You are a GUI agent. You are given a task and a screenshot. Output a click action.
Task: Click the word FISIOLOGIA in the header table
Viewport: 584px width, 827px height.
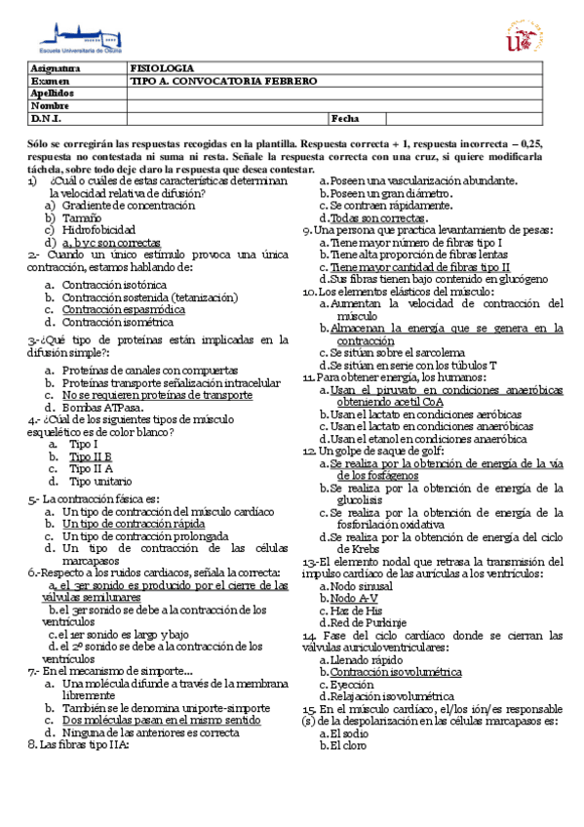coord(161,70)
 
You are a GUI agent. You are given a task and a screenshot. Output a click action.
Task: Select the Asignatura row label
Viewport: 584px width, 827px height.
coord(55,70)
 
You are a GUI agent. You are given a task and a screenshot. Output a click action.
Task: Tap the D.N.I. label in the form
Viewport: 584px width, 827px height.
coord(46,118)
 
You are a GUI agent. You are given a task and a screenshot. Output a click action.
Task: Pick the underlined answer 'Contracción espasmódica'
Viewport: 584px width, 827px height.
coord(123,309)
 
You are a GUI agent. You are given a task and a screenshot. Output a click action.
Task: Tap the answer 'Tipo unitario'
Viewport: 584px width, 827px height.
coord(100,481)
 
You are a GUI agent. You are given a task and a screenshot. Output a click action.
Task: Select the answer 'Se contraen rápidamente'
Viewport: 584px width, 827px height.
coord(380,206)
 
